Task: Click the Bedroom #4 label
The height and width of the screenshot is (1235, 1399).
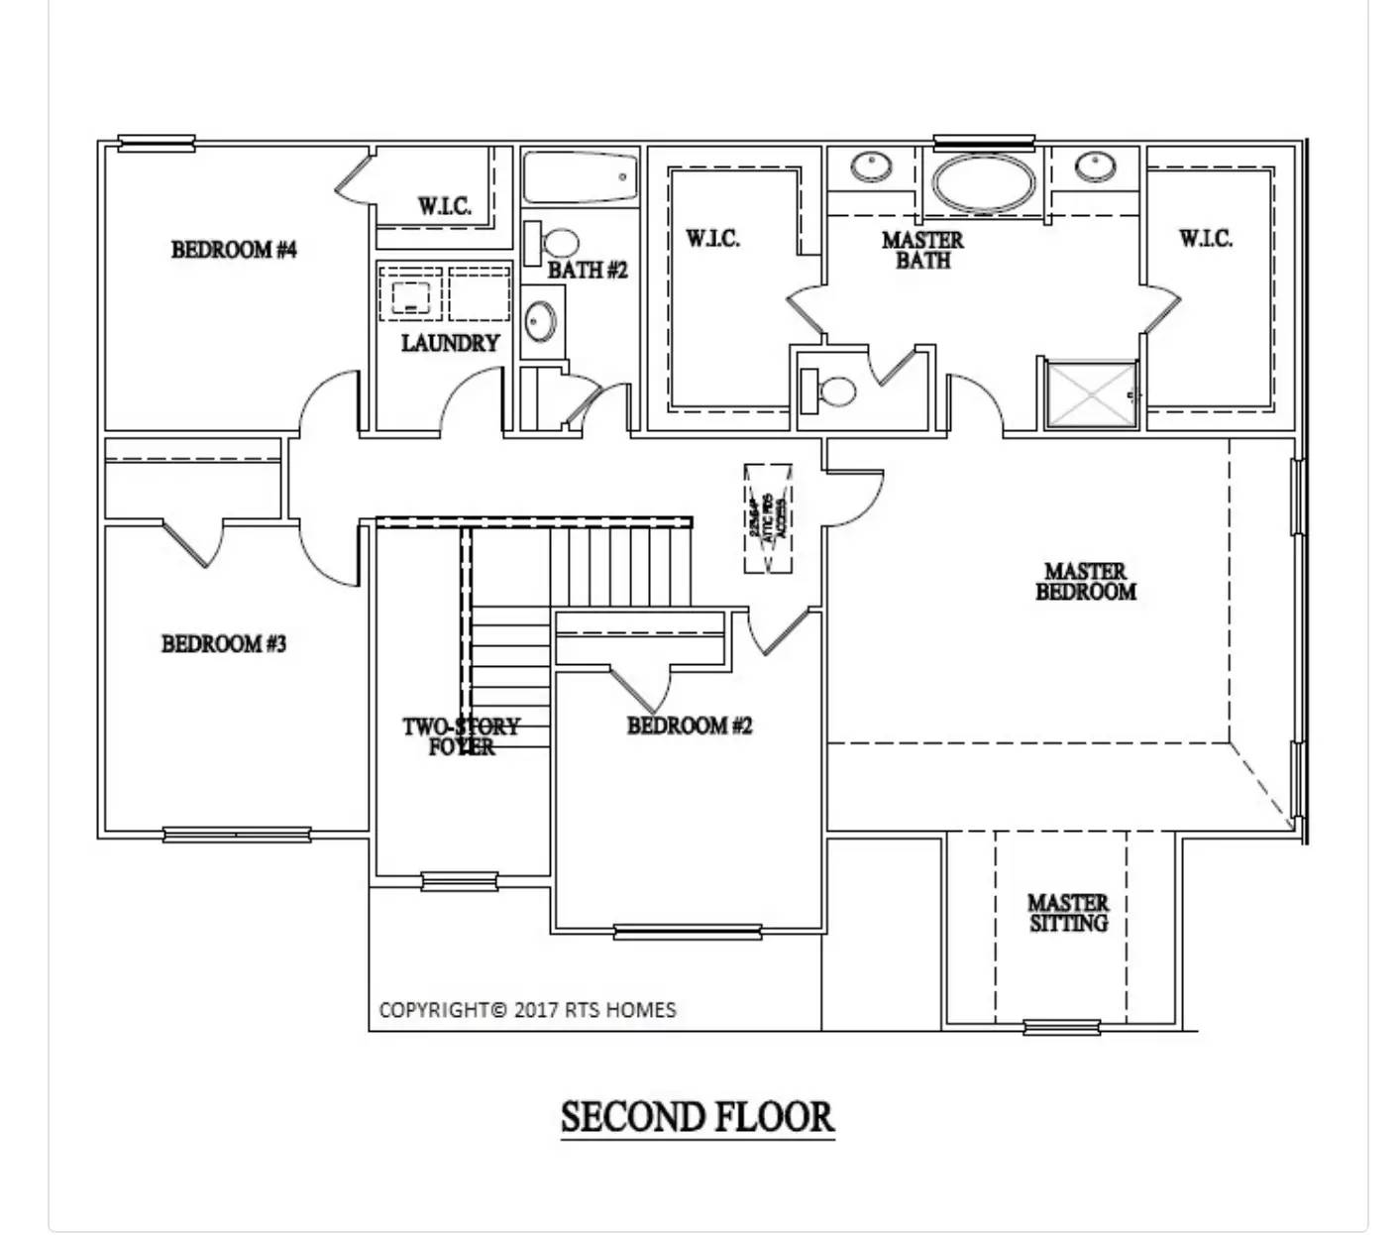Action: (x=234, y=250)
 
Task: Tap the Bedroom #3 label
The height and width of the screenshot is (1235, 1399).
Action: (x=224, y=644)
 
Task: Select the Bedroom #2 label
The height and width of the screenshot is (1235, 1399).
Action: (x=690, y=726)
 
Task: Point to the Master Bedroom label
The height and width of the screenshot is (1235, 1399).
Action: (x=1086, y=582)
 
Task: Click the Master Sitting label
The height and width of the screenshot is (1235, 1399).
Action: (x=1068, y=913)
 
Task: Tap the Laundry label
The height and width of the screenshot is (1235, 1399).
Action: (x=450, y=343)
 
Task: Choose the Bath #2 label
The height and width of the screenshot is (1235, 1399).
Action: (x=588, y=270)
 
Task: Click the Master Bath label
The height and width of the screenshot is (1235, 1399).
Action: (x=922, y=250)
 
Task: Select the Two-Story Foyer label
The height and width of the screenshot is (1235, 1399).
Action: (x=461, y=736)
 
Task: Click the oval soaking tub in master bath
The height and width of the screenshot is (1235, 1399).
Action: (x=985, y=183)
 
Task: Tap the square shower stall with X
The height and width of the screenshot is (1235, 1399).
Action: (x=1091, y=394)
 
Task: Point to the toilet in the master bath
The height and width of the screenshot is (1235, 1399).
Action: (x=828, y=391)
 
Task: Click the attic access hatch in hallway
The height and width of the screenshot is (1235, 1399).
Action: (x=768, y=517)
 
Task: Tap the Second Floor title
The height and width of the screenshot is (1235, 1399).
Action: (x=698, y=1117)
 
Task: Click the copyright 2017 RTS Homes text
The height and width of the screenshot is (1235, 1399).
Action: (x=527, y=1010)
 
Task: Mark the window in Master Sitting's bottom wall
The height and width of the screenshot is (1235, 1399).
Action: (x=1061, y=1027)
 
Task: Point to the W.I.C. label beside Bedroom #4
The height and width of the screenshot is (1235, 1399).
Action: (x=444, y=206)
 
